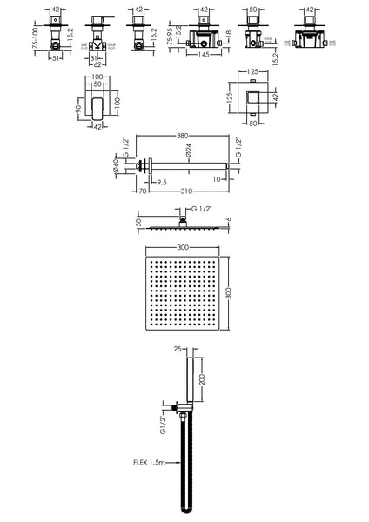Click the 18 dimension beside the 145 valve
click(x=226, y=37)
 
